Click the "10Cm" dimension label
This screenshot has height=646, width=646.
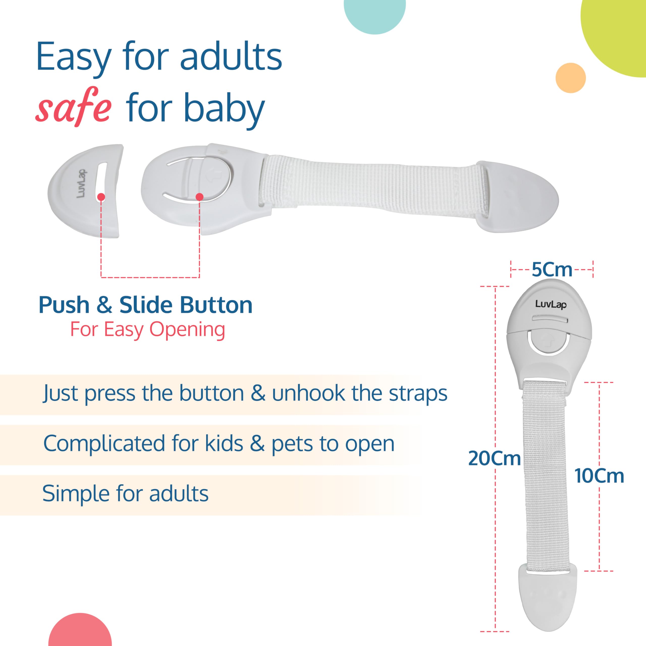point(599,476)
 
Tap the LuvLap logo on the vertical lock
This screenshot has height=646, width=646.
point(551,304)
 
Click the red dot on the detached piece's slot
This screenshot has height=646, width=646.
point(101,197)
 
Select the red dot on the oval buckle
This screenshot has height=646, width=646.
point(200,197)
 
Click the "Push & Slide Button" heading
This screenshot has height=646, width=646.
point(145,305)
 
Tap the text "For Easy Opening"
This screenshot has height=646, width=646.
point(147,330)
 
